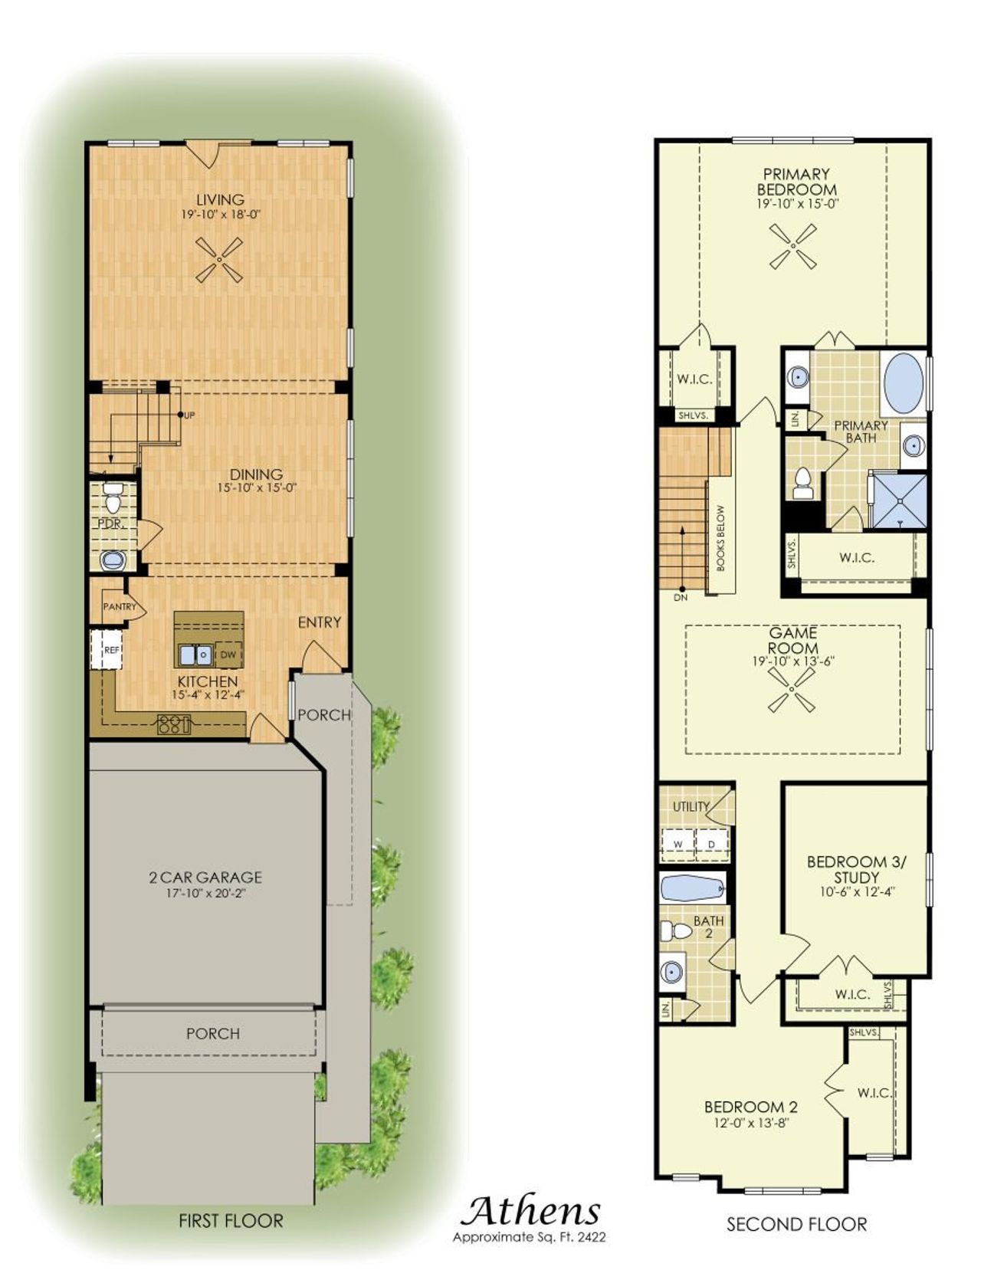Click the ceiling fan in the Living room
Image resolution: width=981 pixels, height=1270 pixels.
219,260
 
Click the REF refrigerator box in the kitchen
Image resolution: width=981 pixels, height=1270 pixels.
106,649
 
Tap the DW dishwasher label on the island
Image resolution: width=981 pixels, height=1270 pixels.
228,655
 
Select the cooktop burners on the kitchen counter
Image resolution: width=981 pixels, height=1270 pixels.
173,724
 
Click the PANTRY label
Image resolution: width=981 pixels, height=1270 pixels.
119,606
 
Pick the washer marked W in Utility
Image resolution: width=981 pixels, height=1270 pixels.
678,844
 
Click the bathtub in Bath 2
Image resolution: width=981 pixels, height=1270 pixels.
693,889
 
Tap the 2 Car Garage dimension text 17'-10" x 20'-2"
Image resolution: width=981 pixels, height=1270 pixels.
205,894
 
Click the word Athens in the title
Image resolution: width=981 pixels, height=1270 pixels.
530,1211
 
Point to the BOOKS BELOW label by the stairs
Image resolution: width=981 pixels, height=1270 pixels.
721,538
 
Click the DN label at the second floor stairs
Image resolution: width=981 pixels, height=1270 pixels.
681,597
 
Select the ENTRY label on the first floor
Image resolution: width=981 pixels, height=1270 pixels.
319,622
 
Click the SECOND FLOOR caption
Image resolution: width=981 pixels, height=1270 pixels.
796,1224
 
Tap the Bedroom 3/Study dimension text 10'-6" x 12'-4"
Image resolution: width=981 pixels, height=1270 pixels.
856,891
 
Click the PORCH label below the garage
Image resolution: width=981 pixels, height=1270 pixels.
212,1033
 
